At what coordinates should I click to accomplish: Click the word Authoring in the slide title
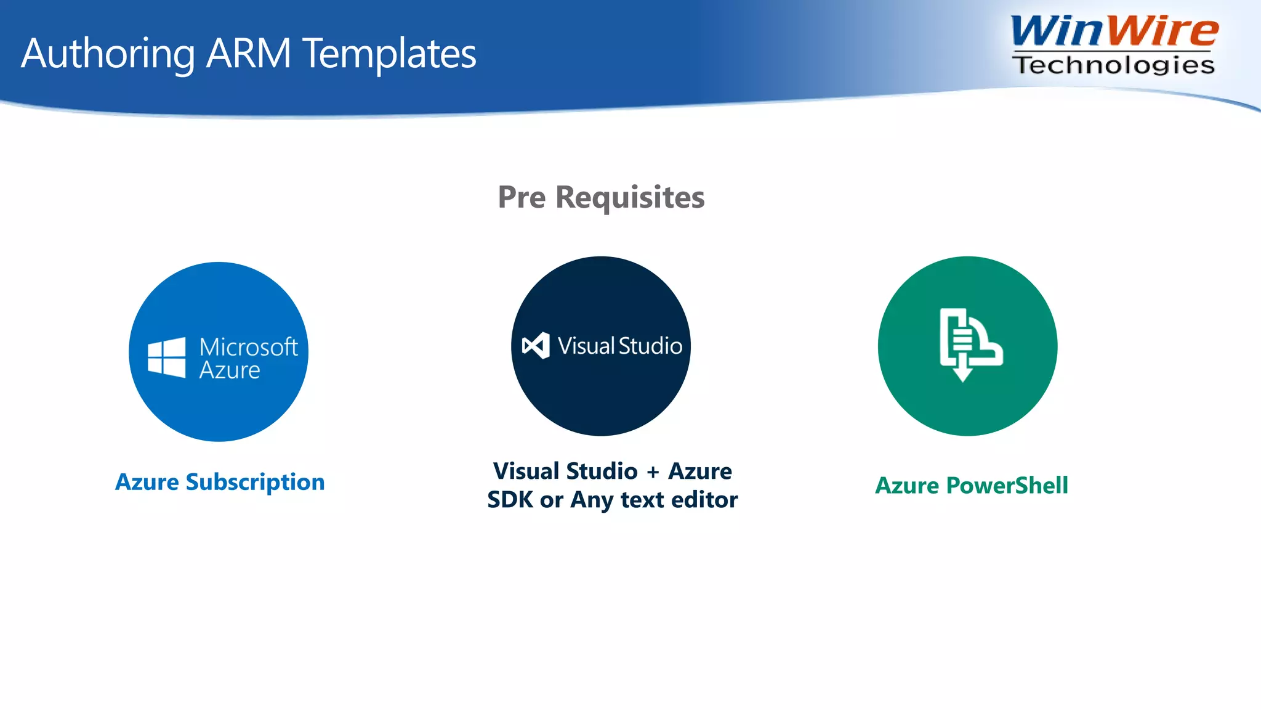108,54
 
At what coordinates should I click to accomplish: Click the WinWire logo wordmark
1114,31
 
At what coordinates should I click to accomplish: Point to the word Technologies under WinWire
1114,65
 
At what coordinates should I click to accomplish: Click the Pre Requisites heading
601,197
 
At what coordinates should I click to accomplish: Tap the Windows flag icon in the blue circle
166,357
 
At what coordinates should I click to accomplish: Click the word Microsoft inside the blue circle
249,347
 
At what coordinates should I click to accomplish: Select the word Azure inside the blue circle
230,370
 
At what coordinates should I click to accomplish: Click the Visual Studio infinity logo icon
536,346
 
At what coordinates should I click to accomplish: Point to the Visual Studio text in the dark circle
620,346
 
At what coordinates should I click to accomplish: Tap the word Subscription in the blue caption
255,483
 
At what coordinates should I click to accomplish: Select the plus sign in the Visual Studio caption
653,472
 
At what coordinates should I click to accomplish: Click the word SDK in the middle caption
510,500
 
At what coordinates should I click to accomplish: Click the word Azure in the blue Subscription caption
147,482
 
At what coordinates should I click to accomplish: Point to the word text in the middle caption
642,500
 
